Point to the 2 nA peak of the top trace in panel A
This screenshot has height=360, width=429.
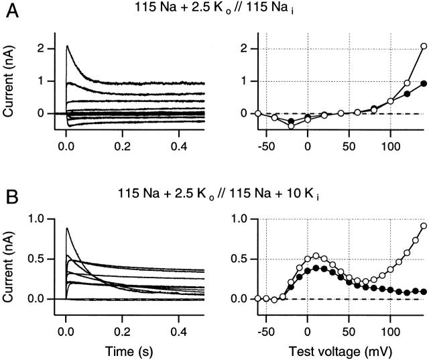point(67,46)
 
